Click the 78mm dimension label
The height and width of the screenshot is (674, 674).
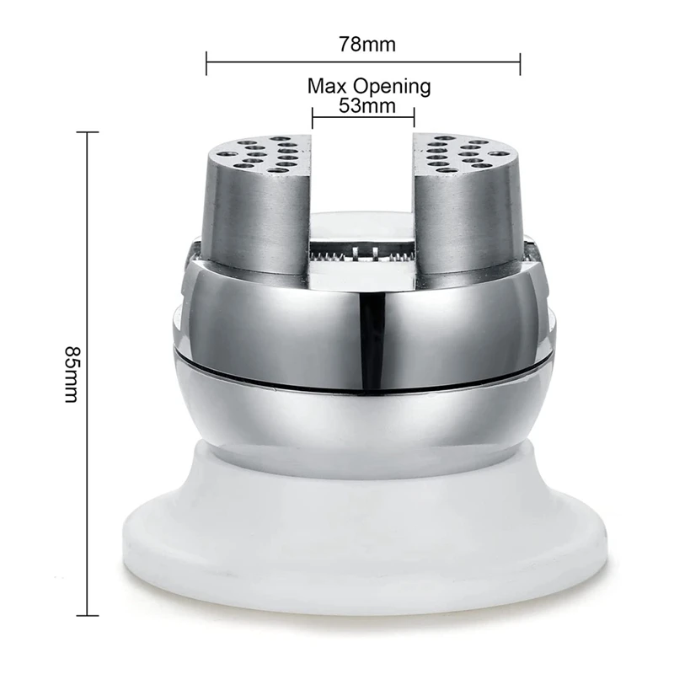click(x=367, y=45)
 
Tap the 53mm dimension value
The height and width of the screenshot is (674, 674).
click(x=367, y=106)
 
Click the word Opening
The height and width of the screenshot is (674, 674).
click(x=392, y=88)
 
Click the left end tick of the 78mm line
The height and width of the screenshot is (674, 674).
click(x=206, y=63)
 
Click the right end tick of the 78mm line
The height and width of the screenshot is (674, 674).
click(x=520, y=63)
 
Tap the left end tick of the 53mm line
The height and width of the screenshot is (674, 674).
click(x=312, y=117)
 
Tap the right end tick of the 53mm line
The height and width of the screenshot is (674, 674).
click(x=414, y=117)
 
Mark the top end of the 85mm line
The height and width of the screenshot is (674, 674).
click(x=88, y=132)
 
